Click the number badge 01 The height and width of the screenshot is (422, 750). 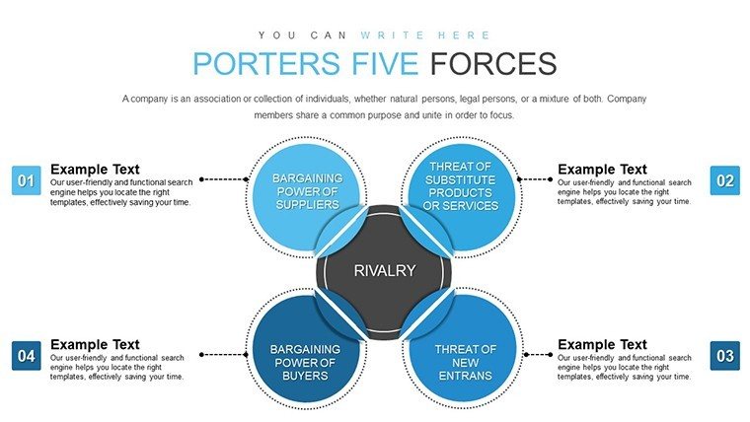(27, 180)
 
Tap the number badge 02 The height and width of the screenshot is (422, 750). (724, 180)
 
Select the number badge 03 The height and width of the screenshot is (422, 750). (724, 356)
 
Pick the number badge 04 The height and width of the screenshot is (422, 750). (27, 356)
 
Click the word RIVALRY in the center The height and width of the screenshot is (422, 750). (385, 270)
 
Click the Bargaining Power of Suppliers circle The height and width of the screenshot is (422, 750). (306, 197)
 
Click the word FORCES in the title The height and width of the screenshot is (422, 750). (493, 63)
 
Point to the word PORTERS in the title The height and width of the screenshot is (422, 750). (266, 63)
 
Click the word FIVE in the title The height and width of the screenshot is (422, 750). (385, 63)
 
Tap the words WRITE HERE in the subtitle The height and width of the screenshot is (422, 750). (425, 35)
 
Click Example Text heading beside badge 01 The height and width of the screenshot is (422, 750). (95, 170)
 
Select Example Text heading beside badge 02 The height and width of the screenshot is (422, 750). (602, 170)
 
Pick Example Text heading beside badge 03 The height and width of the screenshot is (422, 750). (602, 344)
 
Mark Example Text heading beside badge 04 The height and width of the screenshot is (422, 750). (95, 344)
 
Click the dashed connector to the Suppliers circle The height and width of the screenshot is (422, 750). (224, 179)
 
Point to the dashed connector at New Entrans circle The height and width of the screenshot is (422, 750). (539, 355)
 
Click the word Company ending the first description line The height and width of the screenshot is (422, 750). (627, 99)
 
